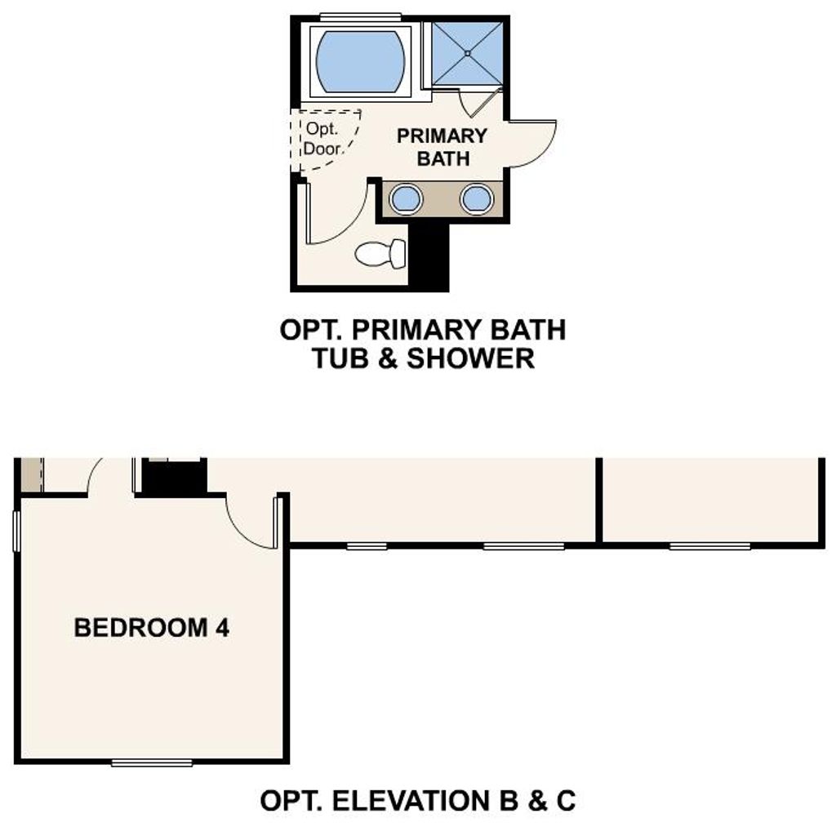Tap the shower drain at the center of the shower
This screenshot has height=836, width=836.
click(x=467, y=53)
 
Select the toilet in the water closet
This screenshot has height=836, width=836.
click(x=380, y=254)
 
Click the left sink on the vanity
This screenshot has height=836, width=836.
click(x=406, y=199)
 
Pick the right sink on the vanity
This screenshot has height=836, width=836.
click(x=477, y=199)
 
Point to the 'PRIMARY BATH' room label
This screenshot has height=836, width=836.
click(x=442, y=147)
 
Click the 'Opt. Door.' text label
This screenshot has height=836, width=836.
click(x=322, y=139)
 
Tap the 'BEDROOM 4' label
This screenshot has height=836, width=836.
click(x=151, y=628)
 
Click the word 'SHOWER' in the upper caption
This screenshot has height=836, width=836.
click(x=471, y=358)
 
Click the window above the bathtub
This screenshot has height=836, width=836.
click(x=360, y=16)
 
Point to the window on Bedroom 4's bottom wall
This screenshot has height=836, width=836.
click(x=152, y=763)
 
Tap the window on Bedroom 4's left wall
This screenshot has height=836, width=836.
click(x=16, y=531)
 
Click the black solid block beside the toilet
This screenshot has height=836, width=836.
click(x=429, y=255)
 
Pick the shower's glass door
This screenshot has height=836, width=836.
click(x=482, y=102)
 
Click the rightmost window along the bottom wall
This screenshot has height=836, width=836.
click(x=709, y=546)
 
